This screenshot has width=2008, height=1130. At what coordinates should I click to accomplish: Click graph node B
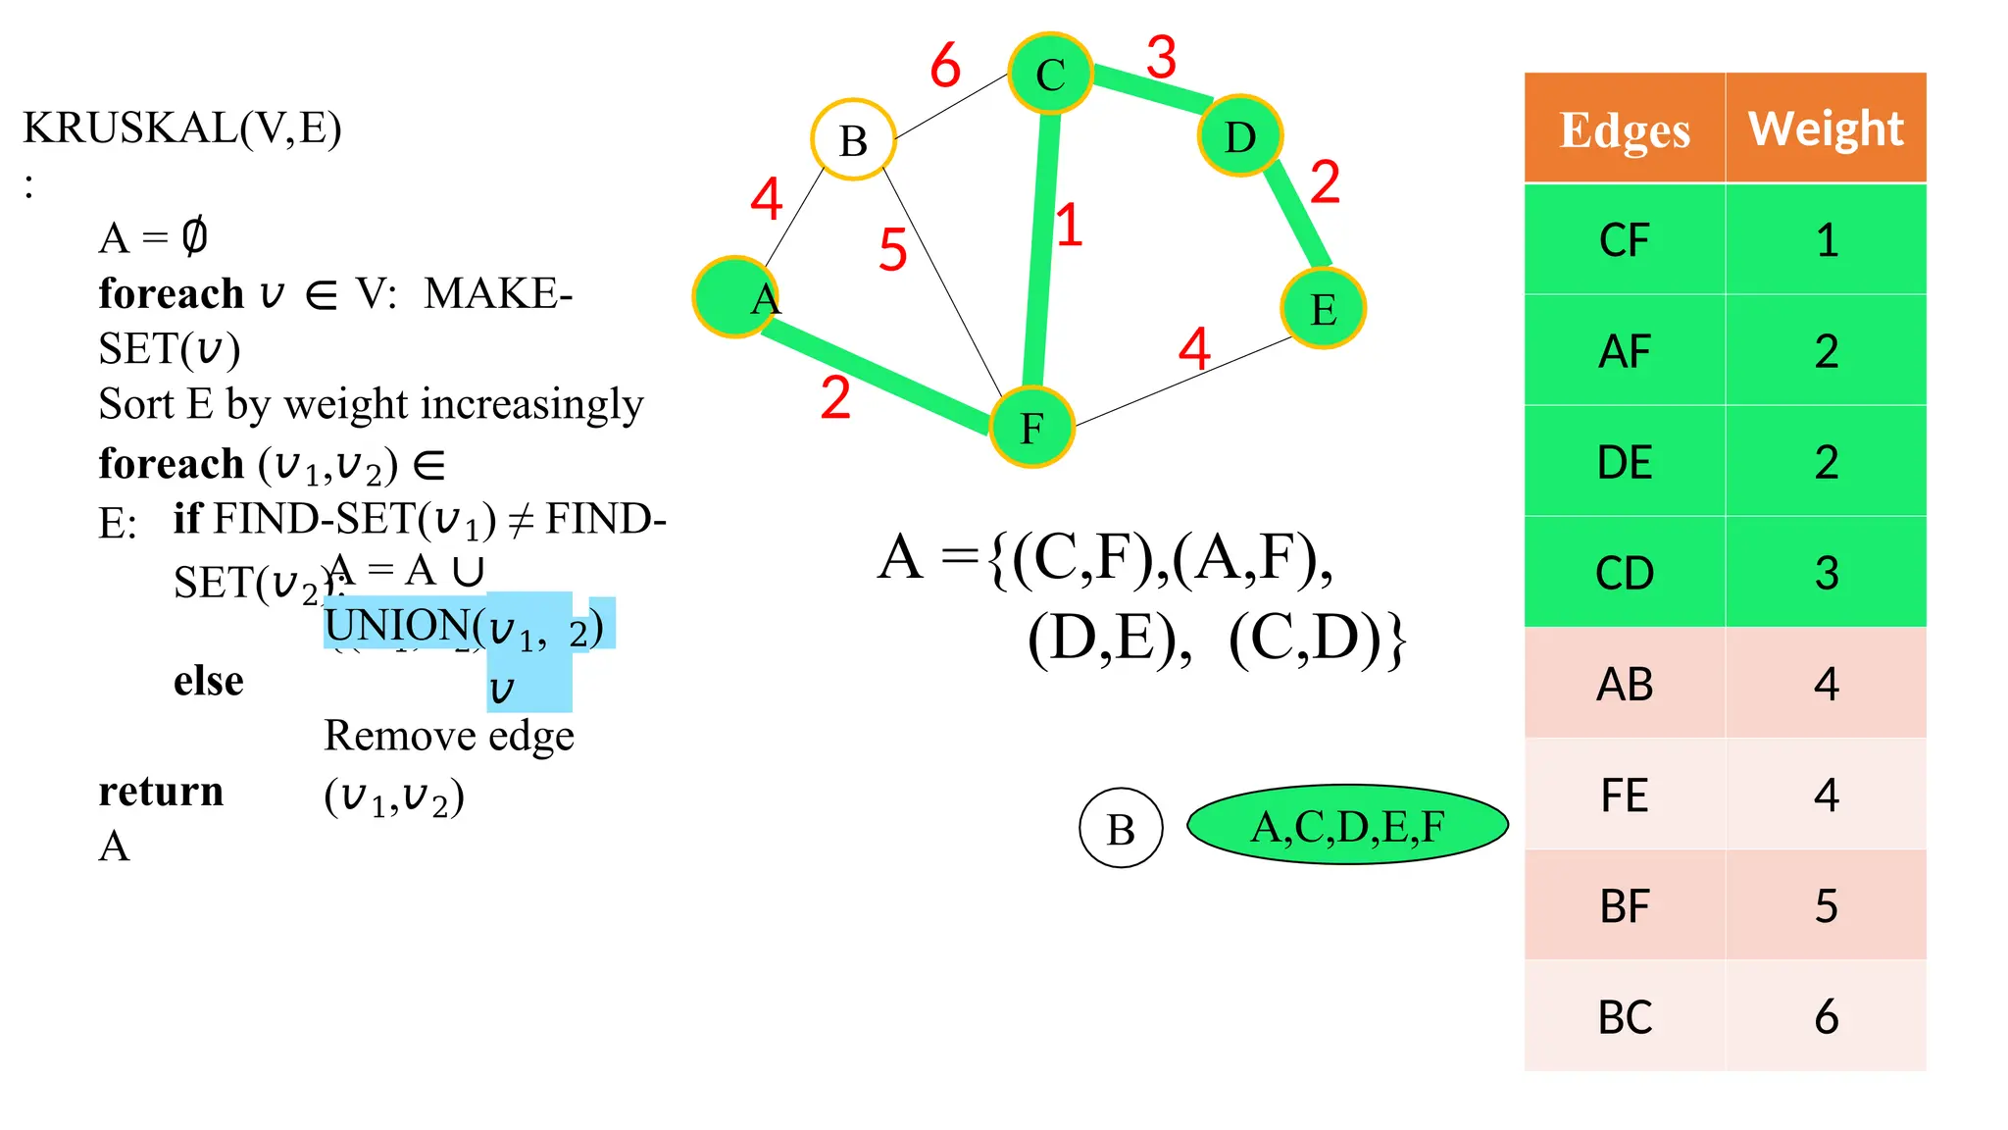(x=853, y=140)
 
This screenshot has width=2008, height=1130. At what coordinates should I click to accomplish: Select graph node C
(x=1050, y=74)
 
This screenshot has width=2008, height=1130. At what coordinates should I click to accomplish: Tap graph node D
(x=1240, y=136)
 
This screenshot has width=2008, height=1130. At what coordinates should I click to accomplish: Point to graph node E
(x=1323, y=309)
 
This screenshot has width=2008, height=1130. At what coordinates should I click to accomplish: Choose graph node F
(x=1031, y=428)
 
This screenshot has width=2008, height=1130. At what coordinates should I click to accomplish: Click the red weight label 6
(x=945, y=66)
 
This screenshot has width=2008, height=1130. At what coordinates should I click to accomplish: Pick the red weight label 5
(x=892, y=249)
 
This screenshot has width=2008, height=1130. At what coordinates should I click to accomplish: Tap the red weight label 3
(x=1161, y=57)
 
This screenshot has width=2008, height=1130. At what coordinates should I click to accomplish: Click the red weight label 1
(x=1069, y=226)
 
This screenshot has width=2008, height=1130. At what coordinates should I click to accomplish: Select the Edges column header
(x=1625, y=128)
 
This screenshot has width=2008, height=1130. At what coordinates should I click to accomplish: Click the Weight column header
(x=1826, y=128)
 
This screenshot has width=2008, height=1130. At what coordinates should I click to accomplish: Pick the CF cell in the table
(x=1625, y=240)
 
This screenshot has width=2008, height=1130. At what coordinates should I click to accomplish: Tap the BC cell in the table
(x=1625, y=1017)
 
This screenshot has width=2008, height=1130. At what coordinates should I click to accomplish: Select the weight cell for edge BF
(x=1826, y=906)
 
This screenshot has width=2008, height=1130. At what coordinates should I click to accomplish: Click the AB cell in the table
(x=1625, y=685)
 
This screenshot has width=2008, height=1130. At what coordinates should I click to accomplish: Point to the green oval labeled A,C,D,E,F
(x=1347, y=825)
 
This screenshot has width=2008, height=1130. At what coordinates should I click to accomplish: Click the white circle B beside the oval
(x=1121, y=829)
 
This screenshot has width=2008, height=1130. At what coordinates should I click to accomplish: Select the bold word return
(x=161, y=791)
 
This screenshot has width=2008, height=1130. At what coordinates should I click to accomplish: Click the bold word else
(x=208, y=680)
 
